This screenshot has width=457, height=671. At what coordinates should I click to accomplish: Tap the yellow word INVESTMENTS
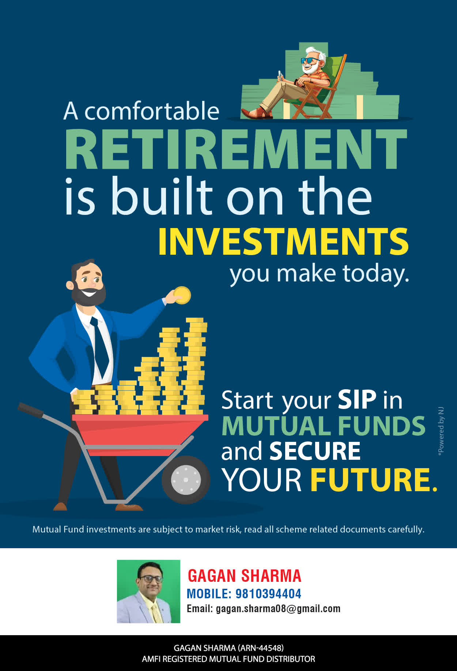tap(283, 242)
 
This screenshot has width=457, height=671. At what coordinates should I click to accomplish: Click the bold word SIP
tap(357, 400)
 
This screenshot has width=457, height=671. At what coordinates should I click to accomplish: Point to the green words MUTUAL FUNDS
tap(324, 426)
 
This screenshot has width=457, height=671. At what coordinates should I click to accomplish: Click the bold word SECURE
tap(315, 451)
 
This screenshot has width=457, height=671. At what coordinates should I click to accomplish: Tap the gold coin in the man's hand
tap(182, 295)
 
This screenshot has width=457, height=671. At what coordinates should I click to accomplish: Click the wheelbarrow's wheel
tap(186, 479)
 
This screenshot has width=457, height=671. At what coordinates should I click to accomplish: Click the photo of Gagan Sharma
tap(148, 591)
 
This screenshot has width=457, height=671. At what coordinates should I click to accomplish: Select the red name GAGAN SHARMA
tap(244, 576)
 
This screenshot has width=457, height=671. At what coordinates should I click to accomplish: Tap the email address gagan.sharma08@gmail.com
tap(278, 609)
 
